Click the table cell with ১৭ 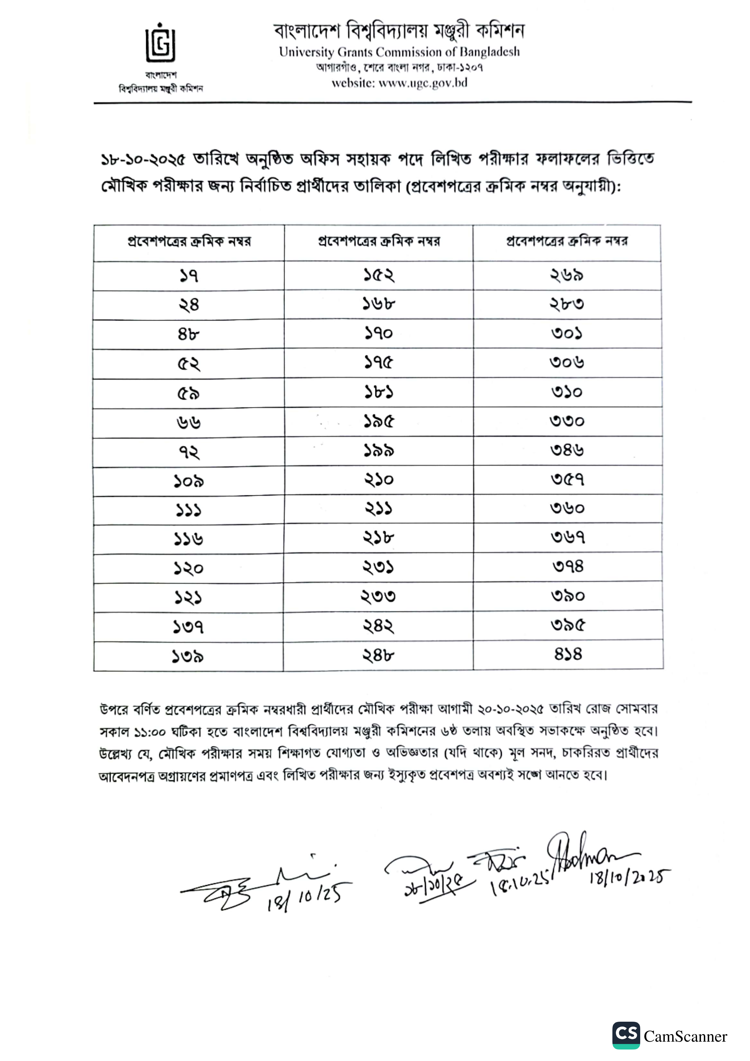188,276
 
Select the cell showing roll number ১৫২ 378,275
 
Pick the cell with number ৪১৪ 568,654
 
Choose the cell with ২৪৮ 378,655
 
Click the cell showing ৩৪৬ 567,450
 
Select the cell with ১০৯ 188,481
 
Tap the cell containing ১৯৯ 378,451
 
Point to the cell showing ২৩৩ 378,597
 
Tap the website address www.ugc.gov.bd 422,83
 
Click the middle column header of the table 378,242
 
